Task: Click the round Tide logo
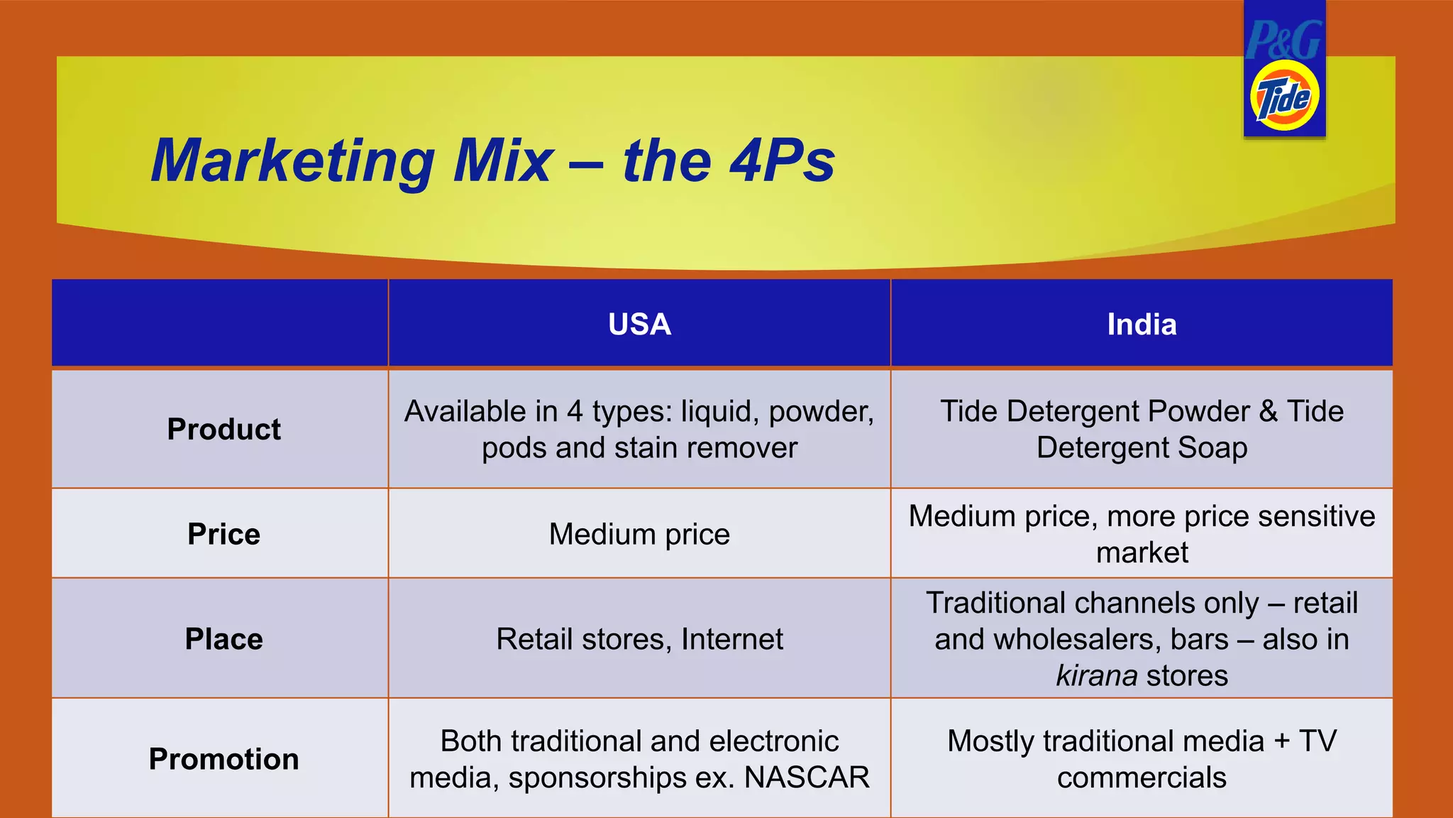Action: pos(1284,96)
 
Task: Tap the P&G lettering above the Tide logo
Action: pos(1283,40)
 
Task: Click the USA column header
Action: pos(639,325)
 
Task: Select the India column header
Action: pos(1142,325)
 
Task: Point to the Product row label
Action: pos(223,430)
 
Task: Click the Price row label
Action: pos(223,534)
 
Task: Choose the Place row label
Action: pos(223,639)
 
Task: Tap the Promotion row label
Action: pos(223,759)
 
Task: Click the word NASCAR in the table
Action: pos(806,778)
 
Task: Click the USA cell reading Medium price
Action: pos(639,534)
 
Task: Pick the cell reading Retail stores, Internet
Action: pos(639,639)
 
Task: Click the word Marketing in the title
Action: pos(293,161)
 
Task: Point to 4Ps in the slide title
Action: pos(782,161)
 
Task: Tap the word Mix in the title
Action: pos(503,161)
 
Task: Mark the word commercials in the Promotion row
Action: pos(1142,778)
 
